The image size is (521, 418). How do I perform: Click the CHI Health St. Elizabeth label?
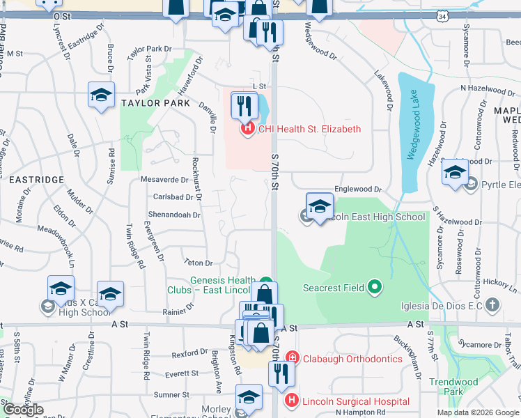pyautogui.click(x=309, y=129)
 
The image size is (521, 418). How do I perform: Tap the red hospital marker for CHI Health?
pyautogui.click(x=247, y=129)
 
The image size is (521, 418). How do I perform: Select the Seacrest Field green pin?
pyautogui.click(x=375, y=286)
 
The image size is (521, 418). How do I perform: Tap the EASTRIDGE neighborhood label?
pyautogui.click(x=37, y=180)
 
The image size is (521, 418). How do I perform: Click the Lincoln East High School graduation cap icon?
pyautogui.click(x=320, y=207)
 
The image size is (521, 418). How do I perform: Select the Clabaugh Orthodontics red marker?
pyautogui.click(x=292, y=359)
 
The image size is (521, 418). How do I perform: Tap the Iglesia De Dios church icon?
pyautogui.click(x=493, y=304)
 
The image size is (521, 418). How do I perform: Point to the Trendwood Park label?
pyautogui.click(x=453, y=387)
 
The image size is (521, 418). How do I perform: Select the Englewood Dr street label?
pyautogui.click(x=359, y=189)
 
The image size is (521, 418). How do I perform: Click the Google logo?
pyautogui.click(x=23, y=410)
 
